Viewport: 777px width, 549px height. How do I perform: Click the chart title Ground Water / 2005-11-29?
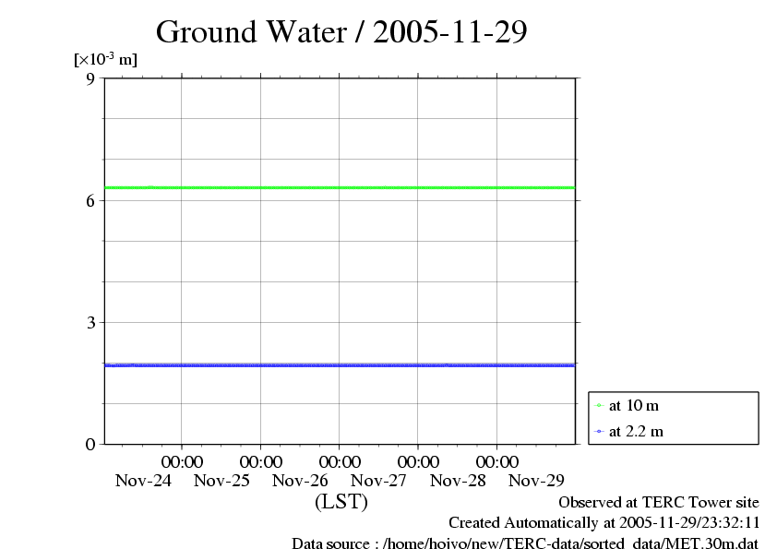pyautogui.click(x=341, y=32)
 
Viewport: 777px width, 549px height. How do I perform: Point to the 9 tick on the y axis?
pyautogui.click(x=90, y=78)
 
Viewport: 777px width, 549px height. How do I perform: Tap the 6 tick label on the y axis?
pyautogui.click(x=90, y=200)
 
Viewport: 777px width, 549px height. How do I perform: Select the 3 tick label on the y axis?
pyautogui.click(x=90, y=322)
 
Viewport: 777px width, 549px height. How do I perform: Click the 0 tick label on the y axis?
pyautogui.click(x=90, y=444)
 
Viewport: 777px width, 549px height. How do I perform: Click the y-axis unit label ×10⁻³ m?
pyautogui.click(x=105, y=59)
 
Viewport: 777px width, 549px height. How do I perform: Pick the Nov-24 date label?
pyautogui.click(x=143, y=480)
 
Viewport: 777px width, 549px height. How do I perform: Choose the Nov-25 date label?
pyautogui.click(x=221, y=480)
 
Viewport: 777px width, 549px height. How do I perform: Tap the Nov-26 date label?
pyautogui.click(x=300, y=480)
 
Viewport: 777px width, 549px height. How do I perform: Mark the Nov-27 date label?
pyautogui.click(x=378, y=480)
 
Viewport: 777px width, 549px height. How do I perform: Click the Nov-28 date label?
pyautogui.click(x=458, y=480)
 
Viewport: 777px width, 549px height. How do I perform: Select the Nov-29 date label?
pyautogui.click(x=536, y=480)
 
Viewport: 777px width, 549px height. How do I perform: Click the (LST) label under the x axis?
pyautogui.click(x=341, y=502)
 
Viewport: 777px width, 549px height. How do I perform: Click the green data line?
pyautogui.click(x=341, y=187)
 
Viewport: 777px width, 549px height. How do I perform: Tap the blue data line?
pyautogui.click(x=341, y=364)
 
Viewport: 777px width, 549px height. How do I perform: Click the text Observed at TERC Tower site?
pyautogui.click(x=659, y=502)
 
